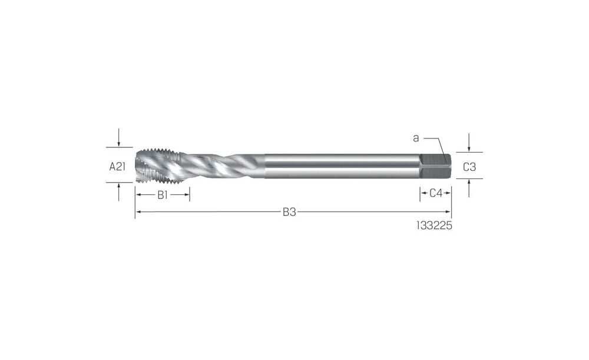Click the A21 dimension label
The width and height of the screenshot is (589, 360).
pos(117,166)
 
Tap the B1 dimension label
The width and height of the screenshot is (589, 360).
pos(163,194)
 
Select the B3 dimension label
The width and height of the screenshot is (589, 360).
pos(289,212)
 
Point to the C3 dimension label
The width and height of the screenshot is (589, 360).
pos(469,167)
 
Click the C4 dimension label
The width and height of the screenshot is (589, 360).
pos(436,193)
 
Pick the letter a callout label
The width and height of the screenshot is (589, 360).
pos(416,138)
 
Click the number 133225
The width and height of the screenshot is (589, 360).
pos(434,226)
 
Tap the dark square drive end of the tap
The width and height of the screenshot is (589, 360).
pos(435,166)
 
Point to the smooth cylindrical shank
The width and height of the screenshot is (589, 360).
pos(342,166)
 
